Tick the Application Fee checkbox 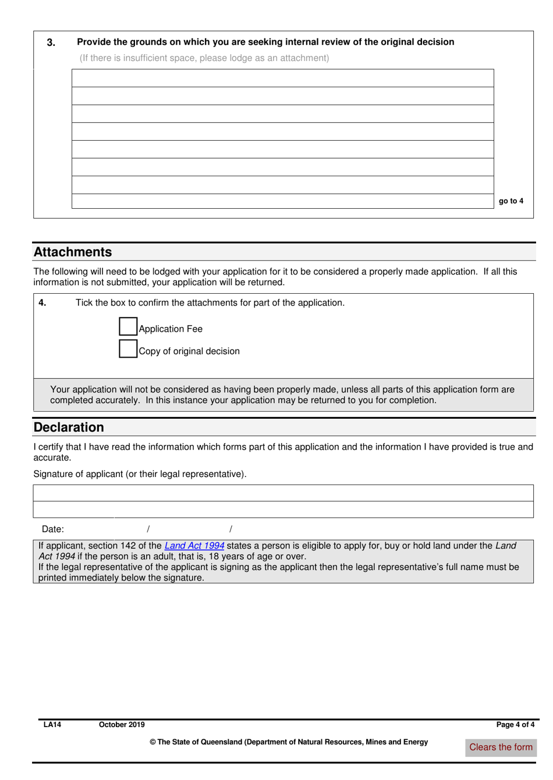click(x=127, y=326)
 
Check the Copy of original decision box click(x=127, y=348)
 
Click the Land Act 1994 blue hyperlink click(x=194, y=546)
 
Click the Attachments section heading click(x=73, y=252)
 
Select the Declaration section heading click(x=69, y=427)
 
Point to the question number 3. click(x=51, y=42)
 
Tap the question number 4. click(x=42, y=302)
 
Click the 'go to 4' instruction click(x=511, y=201)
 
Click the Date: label click(x=52, y=529)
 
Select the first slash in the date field click(x=148, y=529)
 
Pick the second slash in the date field click(x=231, y=529)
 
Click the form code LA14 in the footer click(x=52, y=725)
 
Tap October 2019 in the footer click(x=122, y=725)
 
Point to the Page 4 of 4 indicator click(x=515, y=725)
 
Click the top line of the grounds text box click(x=282, y=78)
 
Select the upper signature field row click(x=283, y=493)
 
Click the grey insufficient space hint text click(x=204, y=58)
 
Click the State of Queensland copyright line click(x=289, y=742)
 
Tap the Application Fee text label click(x=171, y=329)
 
